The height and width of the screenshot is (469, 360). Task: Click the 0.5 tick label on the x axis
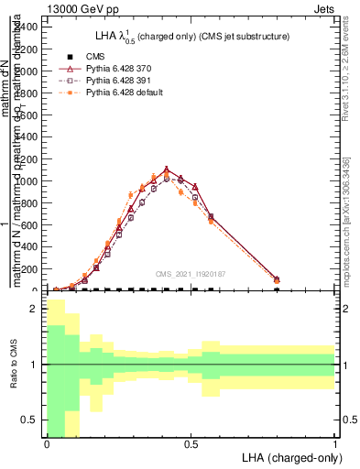191,444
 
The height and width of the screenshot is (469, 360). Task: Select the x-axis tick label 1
335,444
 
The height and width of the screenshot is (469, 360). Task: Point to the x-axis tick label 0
47,444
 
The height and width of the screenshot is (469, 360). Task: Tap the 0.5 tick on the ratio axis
30,420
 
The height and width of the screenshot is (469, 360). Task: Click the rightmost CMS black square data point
278,290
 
